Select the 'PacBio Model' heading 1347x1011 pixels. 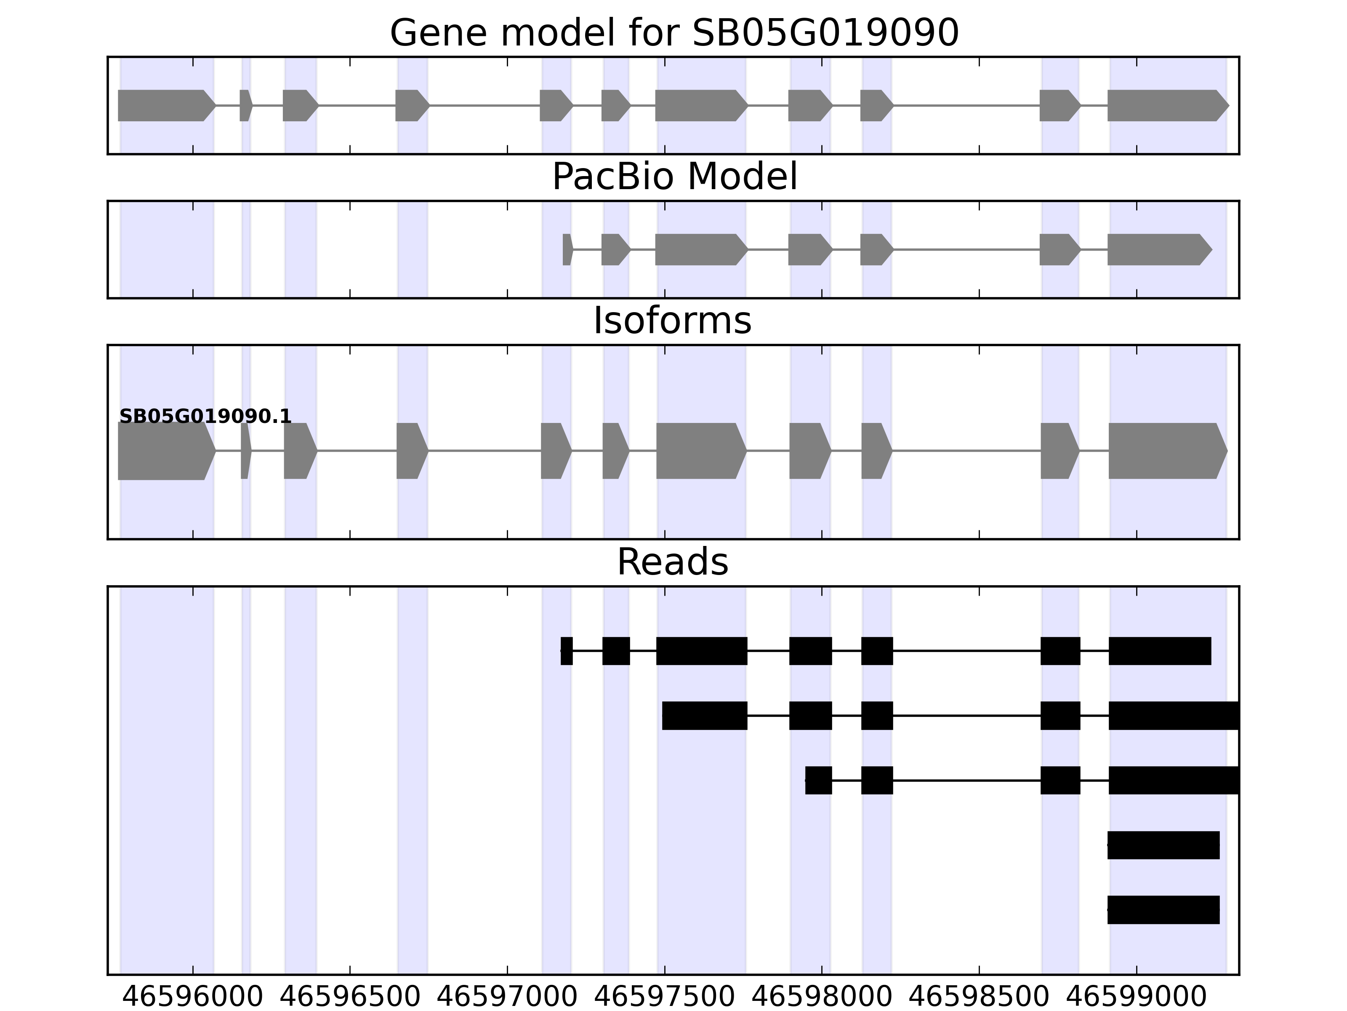[x=674, y=177]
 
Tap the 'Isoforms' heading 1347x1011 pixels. [x=672, y=321]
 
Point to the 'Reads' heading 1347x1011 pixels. [x=672, y=562]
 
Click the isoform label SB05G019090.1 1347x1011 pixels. [x=205, y=417]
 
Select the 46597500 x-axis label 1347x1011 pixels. [x=664, y=998]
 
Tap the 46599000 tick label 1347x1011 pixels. [x=1136, y=998]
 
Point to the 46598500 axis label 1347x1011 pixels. [x=979, y=998]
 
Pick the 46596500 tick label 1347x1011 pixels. [x=350, y=998]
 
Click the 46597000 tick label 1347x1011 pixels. [x=507, y=998]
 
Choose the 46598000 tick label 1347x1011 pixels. [x=822, y=998]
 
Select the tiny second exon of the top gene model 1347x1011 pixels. [x=245, y=105]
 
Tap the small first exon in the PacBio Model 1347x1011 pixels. [x=567, y=249]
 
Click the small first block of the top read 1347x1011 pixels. [x=566, y=651]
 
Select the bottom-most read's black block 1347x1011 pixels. [x=1163, y=910]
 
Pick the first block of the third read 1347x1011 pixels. [x=818, y=780]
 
